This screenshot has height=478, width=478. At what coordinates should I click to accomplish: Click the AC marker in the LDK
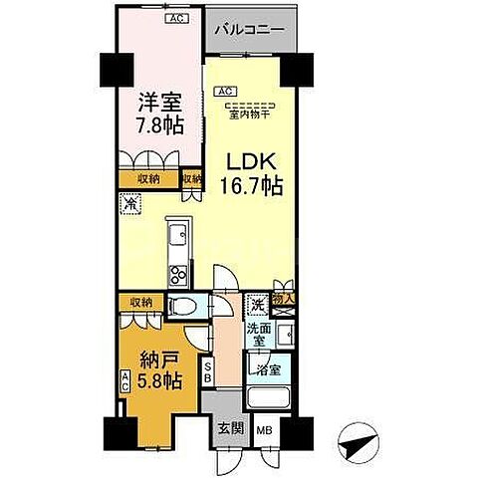click(224, 93)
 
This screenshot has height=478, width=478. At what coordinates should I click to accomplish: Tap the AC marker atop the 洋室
click(146, 18)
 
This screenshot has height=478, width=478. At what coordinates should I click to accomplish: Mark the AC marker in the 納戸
click(125, 382)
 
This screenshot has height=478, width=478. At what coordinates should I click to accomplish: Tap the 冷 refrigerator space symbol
click(130, 203)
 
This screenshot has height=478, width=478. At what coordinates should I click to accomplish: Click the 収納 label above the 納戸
click(139, 302)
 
